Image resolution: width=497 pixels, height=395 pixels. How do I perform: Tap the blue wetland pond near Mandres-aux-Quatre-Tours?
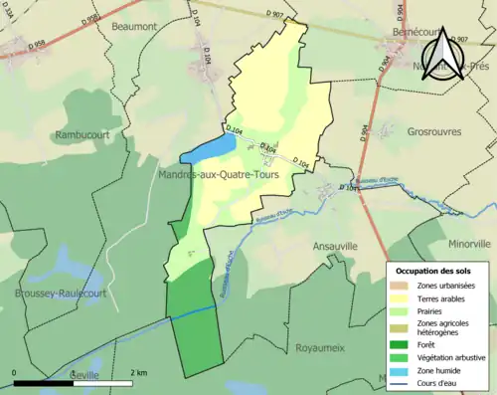point(210,148)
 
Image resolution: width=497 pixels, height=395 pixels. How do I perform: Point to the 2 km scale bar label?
point(139,372)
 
